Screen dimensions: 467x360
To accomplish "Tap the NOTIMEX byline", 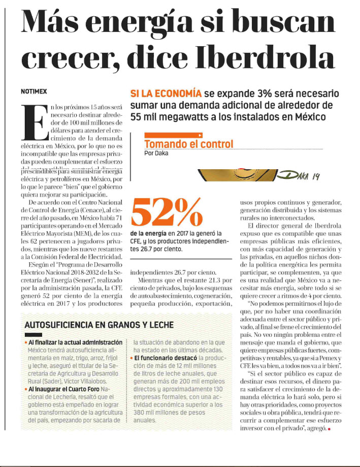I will [34, 91].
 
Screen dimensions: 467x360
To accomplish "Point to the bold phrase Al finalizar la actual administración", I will [75, 343].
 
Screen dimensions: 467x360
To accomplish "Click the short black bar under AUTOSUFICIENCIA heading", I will [33, 335].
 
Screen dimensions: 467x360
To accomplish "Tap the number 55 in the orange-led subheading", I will [136, 117].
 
